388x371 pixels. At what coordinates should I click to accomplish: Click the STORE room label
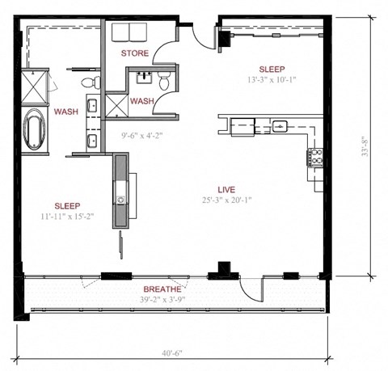(x=133, y=53)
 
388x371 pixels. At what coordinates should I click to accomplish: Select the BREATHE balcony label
(x=162, y=289)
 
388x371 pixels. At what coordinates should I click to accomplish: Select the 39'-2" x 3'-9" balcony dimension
(x=162, y=300)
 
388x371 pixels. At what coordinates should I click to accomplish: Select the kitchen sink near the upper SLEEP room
(x=279, y=125)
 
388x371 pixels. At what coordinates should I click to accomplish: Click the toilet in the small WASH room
(x=163, y=79)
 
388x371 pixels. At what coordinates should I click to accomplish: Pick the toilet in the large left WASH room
(x=87, y=81)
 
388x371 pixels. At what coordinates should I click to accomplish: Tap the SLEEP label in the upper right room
(x=272, y=70)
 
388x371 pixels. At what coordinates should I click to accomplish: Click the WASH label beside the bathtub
(x=66, y=112)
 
